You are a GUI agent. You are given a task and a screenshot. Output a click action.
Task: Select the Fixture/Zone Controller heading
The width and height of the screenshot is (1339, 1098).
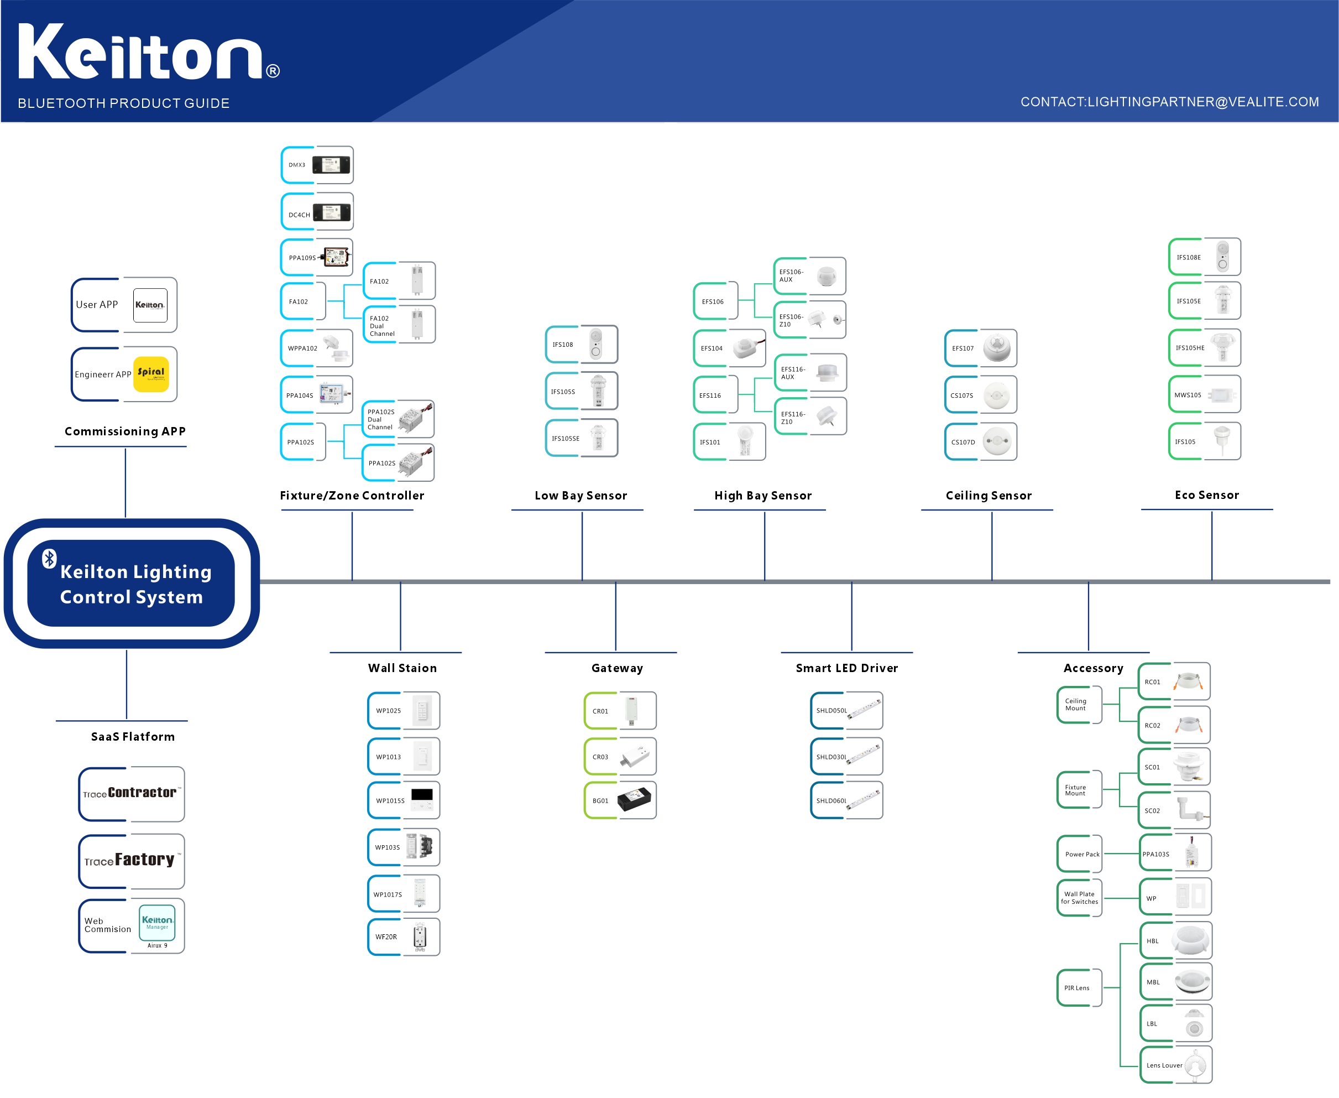(352, 495)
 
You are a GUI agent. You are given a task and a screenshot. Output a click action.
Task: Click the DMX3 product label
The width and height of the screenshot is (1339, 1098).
(296, 165)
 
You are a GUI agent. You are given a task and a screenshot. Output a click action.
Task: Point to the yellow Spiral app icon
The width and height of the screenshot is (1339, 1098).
(151, 373)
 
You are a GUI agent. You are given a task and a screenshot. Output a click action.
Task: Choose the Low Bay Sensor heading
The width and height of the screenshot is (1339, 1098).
(580, 495)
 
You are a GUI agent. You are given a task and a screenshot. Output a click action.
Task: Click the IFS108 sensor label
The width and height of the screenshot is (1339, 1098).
(562, 345)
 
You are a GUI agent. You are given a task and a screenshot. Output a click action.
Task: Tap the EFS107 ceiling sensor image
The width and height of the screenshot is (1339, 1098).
(997, 347)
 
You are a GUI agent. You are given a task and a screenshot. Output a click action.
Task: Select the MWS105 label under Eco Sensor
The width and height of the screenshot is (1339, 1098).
(1188, 395)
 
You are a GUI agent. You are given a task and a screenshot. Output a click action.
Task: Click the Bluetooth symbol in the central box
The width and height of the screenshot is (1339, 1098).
(49, 558)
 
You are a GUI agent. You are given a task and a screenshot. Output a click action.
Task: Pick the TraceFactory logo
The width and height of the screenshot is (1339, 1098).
(130, 860)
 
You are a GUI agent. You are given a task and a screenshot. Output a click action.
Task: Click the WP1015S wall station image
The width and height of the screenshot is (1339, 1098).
(422, 799)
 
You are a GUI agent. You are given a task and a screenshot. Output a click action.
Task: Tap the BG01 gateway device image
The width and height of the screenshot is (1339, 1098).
(634, 799)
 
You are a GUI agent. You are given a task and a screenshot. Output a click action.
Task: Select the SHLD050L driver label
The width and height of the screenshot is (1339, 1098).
(831, 710)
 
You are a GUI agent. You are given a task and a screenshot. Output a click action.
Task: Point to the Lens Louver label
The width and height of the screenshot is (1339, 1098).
(1164, 1065)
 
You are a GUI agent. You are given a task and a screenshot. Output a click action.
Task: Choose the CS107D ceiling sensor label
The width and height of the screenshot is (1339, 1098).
(963, 442)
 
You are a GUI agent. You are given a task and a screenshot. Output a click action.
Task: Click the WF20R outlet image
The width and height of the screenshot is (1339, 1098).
(420, 936)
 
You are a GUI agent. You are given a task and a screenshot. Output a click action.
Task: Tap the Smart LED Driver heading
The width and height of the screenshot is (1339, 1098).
(846, 668)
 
